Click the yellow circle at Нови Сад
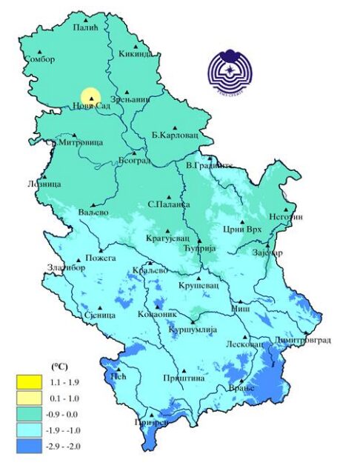(x=90, y=98)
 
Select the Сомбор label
(x=39, y=59)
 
